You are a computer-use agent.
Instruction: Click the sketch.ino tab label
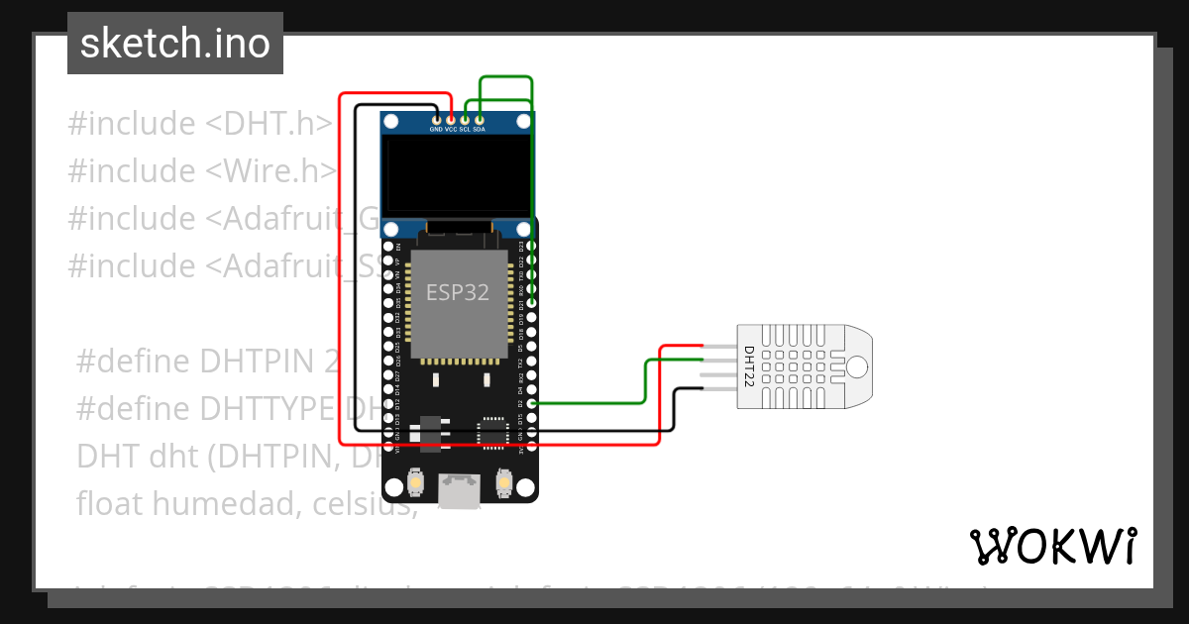175,44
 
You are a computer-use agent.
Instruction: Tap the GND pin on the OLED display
436,120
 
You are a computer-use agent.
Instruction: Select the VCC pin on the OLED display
451,120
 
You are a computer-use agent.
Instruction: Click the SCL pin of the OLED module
465,120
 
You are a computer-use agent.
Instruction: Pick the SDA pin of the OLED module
480,120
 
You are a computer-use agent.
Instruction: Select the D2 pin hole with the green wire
532,404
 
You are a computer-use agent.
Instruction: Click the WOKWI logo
1052,546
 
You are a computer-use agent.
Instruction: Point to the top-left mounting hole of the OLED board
392,122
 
